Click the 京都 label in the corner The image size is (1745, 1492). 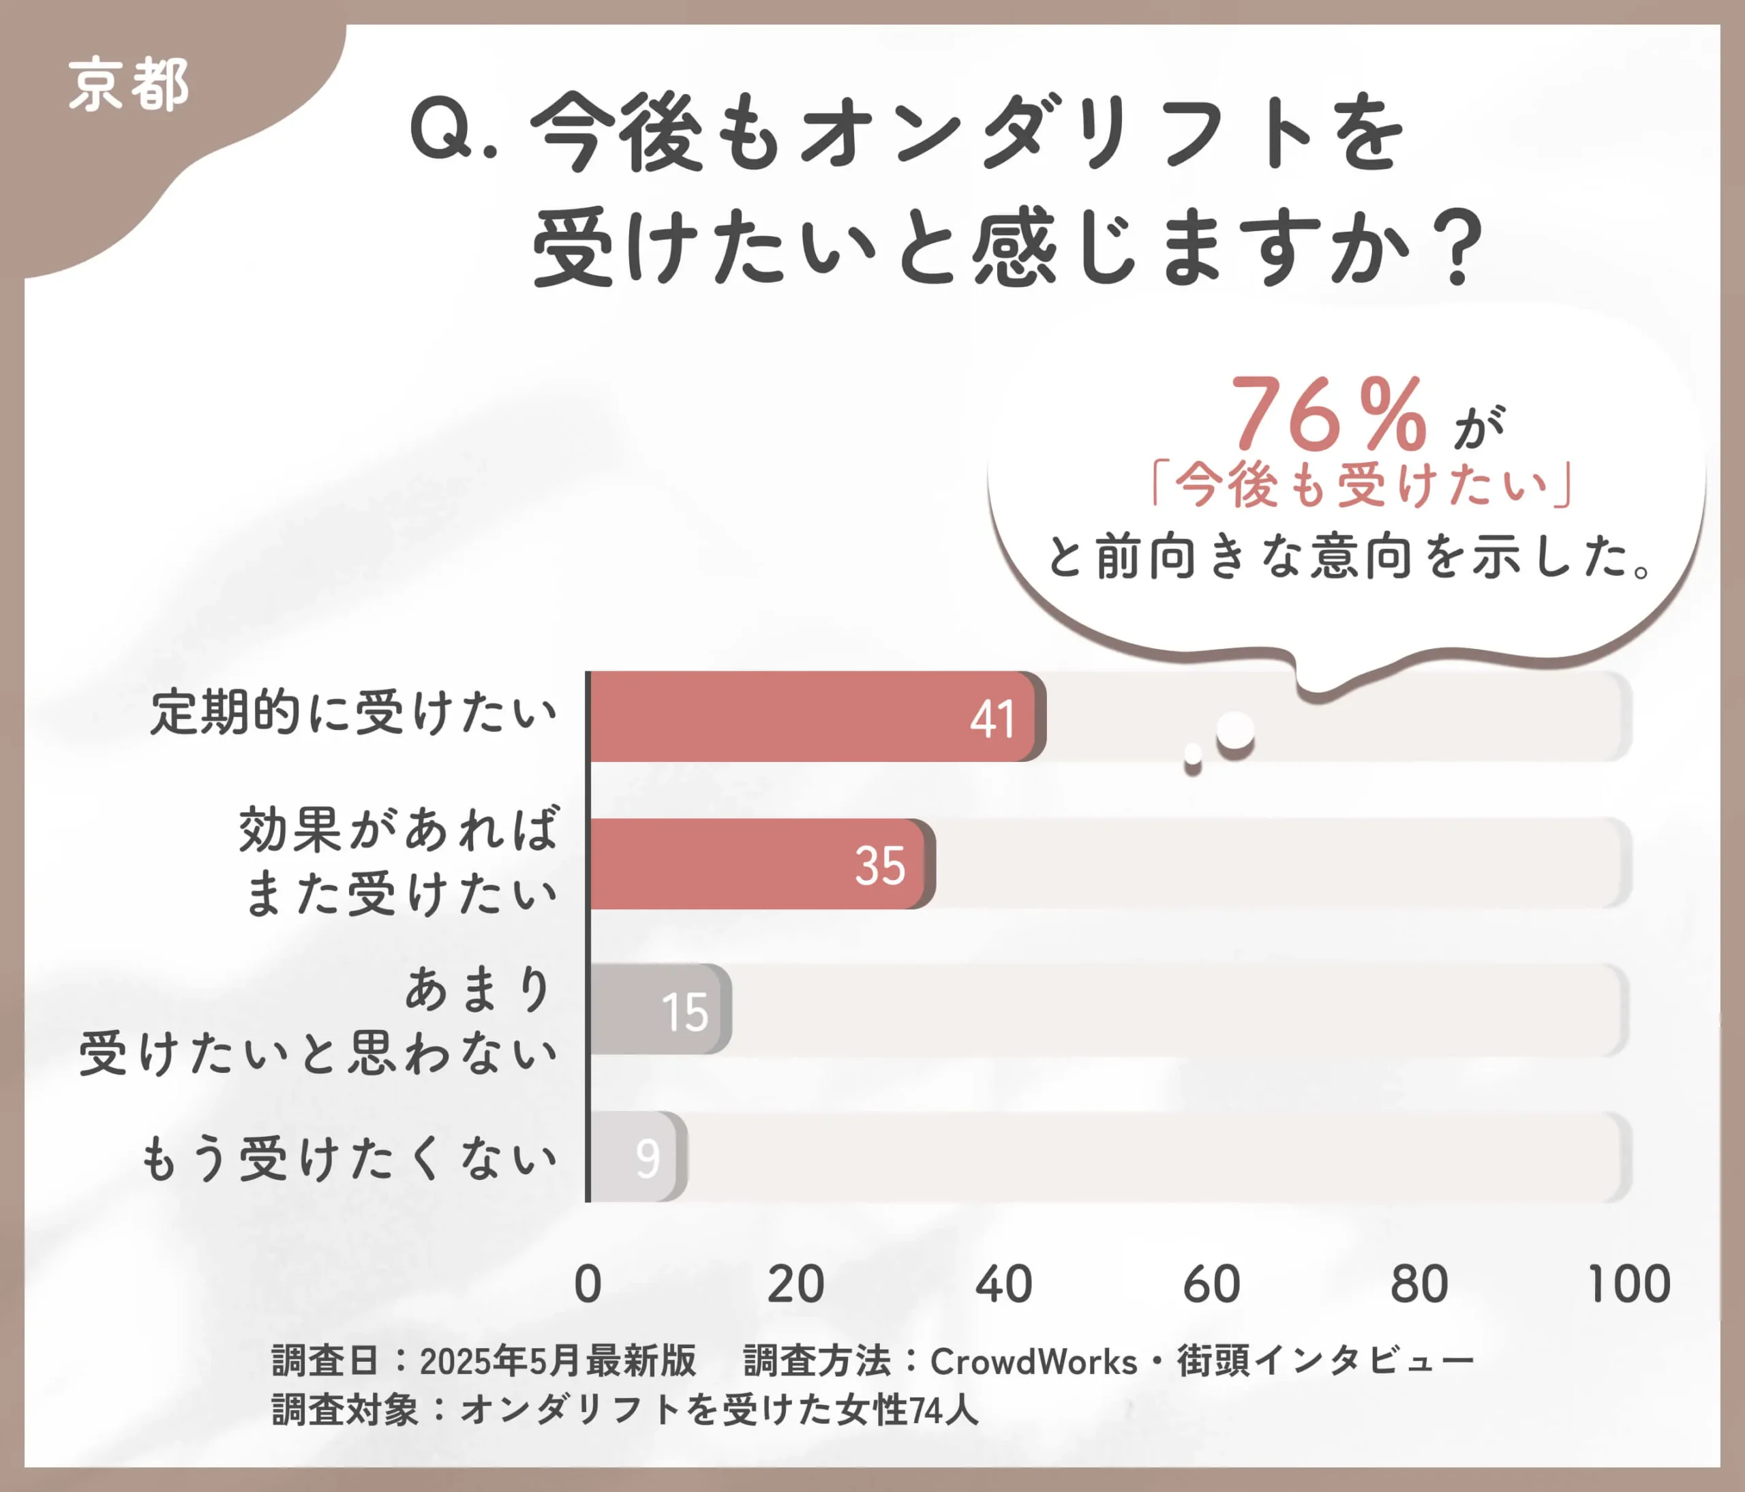[x=128, y=85]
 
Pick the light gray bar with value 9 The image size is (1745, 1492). [x=637, y=1157]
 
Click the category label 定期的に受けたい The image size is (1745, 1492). [x=354, y=712]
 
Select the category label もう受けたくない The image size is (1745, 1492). [x=349, y=1159]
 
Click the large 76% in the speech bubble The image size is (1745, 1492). [x=1328, y=415]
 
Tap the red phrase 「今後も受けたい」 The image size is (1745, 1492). [x=1362, y=486]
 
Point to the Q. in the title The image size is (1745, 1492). [x=453, y=133]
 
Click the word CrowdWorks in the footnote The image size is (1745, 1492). [x=1033, y=1362]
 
